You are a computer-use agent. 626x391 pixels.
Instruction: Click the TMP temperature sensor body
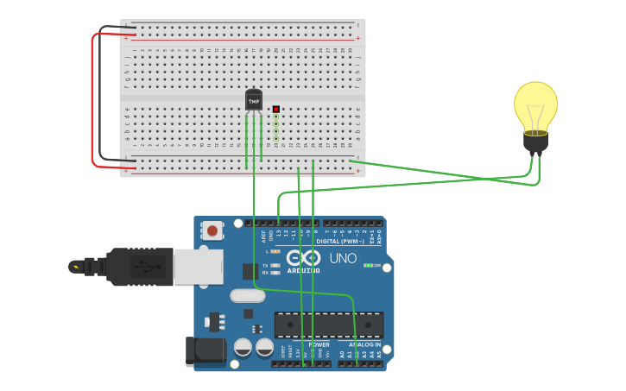coord(254,101)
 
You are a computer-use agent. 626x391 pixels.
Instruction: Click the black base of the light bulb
coord(536,142)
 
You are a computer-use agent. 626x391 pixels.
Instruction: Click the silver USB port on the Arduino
coord(198,267)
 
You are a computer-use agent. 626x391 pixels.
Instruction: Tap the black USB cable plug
coord(139,267)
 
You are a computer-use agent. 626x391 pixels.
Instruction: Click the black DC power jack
coord(206,351)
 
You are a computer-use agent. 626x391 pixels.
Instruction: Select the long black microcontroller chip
coord(328,325)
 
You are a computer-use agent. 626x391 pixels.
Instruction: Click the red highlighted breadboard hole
coord(276,110)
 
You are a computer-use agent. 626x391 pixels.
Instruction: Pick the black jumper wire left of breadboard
coord(100,95)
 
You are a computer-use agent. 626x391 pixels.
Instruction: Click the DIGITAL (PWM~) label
coord(339,242)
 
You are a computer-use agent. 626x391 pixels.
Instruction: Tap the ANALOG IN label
coord(360,344)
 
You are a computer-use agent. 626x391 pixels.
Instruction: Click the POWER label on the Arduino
coord(318,344)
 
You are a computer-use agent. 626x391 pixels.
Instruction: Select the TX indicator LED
coord(275,265)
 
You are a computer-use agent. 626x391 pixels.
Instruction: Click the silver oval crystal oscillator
coord(248,295)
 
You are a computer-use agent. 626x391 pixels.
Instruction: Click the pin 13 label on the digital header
coord(279,233)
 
